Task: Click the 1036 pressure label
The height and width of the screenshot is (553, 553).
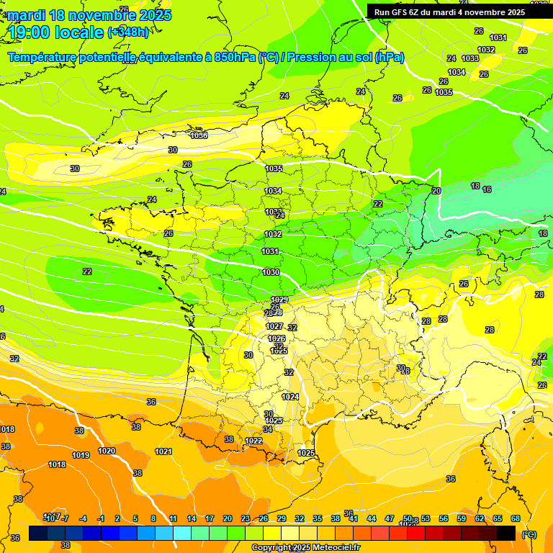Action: (x=199, y=135)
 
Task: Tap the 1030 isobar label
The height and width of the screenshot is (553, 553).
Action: (x=271, y=272)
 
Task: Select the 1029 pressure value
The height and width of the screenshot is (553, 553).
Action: (x=279, y=300)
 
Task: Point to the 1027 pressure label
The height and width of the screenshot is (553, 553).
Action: (x=274, y=326)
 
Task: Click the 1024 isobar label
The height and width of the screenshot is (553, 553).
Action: (x=290, y=397)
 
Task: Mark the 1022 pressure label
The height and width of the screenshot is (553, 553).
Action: (x=253, y=441)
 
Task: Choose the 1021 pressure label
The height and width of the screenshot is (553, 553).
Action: (x=163, y=451)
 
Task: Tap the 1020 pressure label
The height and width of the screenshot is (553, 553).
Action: (x=106, y=451)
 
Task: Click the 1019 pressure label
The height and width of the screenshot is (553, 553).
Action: (x=81, y=455)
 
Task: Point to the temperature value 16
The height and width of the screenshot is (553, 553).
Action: (x=487, y=189)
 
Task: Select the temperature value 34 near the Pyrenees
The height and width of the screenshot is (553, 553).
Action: (x=268, y=429)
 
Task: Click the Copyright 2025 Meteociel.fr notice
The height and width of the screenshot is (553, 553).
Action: (x=305, y=547)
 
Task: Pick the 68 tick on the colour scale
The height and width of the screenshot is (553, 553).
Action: (x=516, y=518)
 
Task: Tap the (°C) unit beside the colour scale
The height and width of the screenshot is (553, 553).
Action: (x=529, y=534)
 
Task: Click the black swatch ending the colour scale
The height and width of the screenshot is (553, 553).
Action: (x=506, y=534)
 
